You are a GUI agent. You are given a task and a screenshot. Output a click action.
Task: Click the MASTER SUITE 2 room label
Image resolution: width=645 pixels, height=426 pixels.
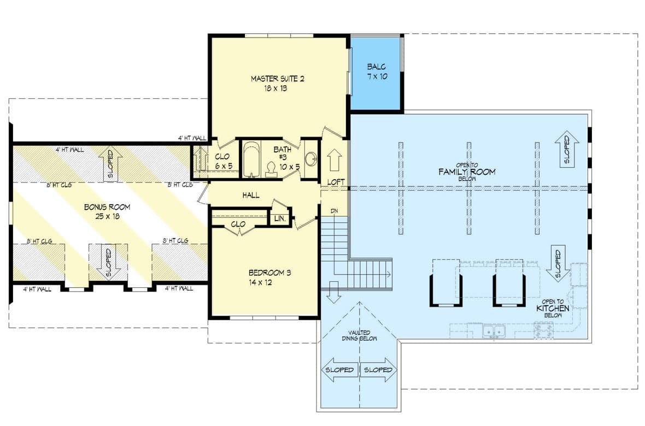tap(277, 79)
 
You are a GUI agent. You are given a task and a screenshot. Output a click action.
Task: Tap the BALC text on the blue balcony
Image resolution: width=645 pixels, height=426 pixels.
tap(377, 67)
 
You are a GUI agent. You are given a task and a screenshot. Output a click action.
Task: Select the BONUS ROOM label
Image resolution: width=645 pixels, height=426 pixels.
tap(107, 208)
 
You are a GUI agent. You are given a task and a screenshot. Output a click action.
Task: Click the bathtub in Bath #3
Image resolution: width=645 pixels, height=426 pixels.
tap(252, 159)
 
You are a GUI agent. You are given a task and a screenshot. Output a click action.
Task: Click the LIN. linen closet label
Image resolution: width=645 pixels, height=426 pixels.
tap(279, 219)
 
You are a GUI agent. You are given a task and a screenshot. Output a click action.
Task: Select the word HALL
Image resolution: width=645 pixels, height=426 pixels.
tap(251, 195)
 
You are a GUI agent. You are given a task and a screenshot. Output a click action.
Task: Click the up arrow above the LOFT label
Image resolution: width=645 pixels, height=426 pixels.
tap(334, 161)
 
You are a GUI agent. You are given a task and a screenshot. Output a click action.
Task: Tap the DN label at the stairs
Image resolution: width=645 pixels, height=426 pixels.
tap(334, 211)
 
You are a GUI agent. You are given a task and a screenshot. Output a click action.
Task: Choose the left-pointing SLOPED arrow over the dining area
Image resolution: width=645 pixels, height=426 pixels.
tap(339, 370)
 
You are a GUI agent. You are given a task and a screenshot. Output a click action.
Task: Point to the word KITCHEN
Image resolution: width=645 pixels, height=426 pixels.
tap(553, 309)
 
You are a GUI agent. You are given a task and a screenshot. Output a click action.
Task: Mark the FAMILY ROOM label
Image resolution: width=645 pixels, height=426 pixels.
tap(467, 171)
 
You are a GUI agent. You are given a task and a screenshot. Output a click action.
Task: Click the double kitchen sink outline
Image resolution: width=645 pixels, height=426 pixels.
tap(493, 331)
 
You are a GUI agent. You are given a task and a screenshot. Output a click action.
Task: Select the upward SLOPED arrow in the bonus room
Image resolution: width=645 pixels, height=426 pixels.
tap(110, 164)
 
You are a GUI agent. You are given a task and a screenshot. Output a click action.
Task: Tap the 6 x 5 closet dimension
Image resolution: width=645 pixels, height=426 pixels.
tap(222, 165)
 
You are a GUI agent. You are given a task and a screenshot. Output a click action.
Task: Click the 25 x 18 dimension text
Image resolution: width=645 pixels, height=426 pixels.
tap(107, 216)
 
